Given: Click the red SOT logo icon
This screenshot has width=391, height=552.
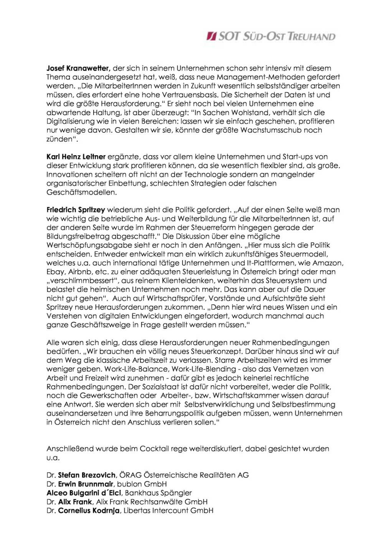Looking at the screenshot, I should (x=212, y=36).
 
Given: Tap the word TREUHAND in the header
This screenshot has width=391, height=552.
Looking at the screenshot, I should (x=311, y=37).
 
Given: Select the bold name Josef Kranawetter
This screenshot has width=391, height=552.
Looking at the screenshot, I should (x=79, y=68).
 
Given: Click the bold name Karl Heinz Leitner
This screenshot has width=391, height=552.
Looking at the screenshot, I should (x=76, y=156).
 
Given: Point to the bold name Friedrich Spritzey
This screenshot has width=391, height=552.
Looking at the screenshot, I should (x=76, y=210).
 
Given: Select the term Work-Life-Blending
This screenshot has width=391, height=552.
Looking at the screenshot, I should (x=204, y=369).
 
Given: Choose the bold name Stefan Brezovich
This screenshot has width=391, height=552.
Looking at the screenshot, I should (x=87, y=475).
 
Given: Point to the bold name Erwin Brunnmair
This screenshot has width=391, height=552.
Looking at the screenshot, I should (x=86, y=484).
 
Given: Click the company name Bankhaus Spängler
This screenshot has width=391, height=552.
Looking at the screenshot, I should (x=158, y=493).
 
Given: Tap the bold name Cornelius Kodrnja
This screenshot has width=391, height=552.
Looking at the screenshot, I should (x=89, y=511).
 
